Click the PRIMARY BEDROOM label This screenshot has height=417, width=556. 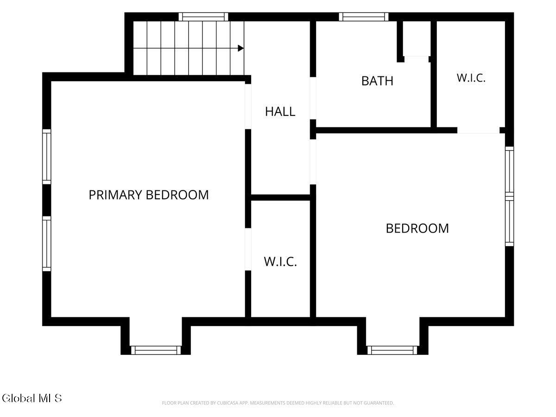click(x=149, y=195)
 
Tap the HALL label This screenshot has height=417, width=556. click(x=280, y=111)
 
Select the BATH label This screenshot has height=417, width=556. click(x=377, y=81)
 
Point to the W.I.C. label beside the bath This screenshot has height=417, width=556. click(x=471, y=78)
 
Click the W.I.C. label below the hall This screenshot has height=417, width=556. click(x=280, y=261)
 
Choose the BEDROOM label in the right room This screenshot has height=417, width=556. click(x=417, y=228)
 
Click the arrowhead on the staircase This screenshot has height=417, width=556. click(x=240, y=48)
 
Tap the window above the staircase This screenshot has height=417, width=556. click(x=203, y=17)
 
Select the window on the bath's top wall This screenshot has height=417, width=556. click(x=364, y=17)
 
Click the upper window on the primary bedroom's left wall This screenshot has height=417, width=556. click(x=47, y=157)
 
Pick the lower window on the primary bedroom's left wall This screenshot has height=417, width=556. click(x=47, y=244)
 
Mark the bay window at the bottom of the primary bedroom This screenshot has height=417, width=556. click(x=156, y=350)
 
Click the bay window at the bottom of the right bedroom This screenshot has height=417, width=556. click(x=392, y=350)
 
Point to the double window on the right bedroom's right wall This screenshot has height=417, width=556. click(x=509, y=196)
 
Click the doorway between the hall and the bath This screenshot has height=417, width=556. click(x=313, y=98)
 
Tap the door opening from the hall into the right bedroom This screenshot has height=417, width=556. click(x=313, y=162)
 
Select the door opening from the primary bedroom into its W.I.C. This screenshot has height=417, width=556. click(x=248, y=249)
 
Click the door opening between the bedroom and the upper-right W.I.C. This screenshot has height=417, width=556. click(x=479, y=130)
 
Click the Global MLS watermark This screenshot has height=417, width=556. click(x=32, y=398)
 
